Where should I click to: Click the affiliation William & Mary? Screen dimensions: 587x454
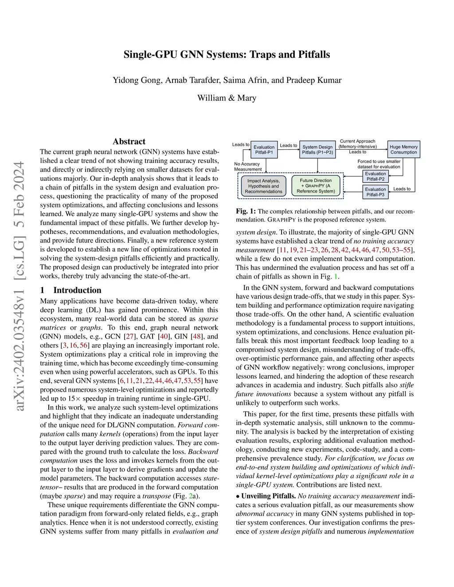click(227, 98)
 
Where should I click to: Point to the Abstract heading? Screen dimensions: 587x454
click(129, 141)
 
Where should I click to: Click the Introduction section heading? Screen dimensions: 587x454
click(77, 290)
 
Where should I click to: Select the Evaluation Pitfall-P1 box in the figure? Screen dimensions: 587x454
click(264, 150)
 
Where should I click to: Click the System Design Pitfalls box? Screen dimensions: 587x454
click(317, 150)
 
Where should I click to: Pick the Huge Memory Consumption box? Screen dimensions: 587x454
click(403, 150)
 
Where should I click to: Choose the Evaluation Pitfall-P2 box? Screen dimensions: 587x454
click(376, 176)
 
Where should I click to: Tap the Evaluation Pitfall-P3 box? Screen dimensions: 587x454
click(376, 192)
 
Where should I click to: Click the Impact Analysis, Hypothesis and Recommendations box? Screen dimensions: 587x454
click(263, 186)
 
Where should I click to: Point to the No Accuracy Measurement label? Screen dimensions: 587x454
click(247, 167)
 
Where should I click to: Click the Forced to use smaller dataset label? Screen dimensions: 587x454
click(379, 164)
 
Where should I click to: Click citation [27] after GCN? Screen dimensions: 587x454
click(129, 336)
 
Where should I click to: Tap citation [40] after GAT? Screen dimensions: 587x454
click(164, 336)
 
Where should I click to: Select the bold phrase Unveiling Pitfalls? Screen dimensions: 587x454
click(268, 496)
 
